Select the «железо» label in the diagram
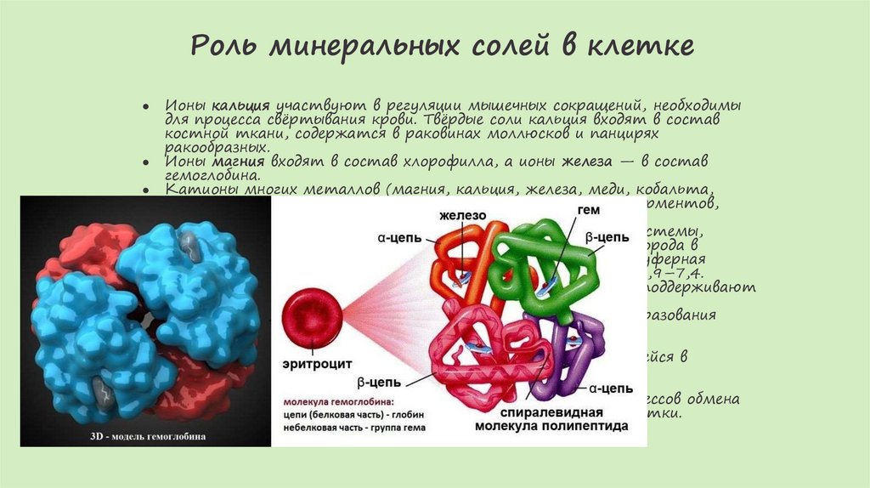pos(463,216)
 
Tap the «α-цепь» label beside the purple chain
pos(610,389)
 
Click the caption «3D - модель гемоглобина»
pos(146,437)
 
